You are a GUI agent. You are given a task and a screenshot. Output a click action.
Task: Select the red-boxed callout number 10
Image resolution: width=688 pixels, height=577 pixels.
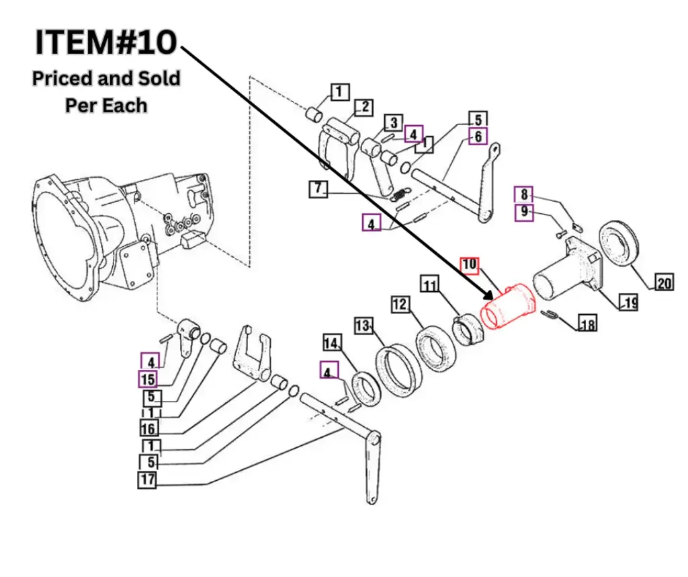469,265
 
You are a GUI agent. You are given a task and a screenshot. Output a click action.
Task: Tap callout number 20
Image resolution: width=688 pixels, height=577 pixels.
664,283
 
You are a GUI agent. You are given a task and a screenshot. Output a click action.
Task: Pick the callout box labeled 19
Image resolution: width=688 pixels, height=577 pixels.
630,303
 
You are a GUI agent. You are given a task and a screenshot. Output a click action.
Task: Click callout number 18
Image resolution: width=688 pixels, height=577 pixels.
587,325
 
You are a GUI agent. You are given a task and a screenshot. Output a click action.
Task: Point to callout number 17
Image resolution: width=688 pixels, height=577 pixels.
148,480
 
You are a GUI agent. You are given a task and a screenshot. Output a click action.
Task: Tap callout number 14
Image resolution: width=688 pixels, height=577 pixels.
331,344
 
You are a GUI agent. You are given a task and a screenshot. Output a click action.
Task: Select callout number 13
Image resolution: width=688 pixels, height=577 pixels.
363,326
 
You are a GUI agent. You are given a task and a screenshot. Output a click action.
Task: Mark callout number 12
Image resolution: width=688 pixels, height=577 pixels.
400,305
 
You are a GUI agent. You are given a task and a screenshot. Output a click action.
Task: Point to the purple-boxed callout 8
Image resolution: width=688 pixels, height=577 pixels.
523,195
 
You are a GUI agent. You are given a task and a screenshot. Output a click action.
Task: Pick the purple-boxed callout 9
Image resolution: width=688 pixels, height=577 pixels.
523,214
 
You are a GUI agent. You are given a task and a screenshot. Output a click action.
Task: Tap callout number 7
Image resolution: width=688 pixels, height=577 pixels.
318,188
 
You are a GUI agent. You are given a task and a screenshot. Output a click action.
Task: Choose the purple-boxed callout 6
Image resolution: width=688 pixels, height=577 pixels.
478,137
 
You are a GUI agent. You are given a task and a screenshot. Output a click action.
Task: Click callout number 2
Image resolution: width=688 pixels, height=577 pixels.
364,106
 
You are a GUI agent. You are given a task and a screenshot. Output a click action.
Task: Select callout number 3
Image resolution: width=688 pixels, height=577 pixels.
393,122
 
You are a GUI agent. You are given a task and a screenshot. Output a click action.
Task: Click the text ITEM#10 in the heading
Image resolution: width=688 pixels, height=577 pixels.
106,42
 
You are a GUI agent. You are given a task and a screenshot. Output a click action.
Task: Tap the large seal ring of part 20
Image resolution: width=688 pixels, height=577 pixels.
618,242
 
